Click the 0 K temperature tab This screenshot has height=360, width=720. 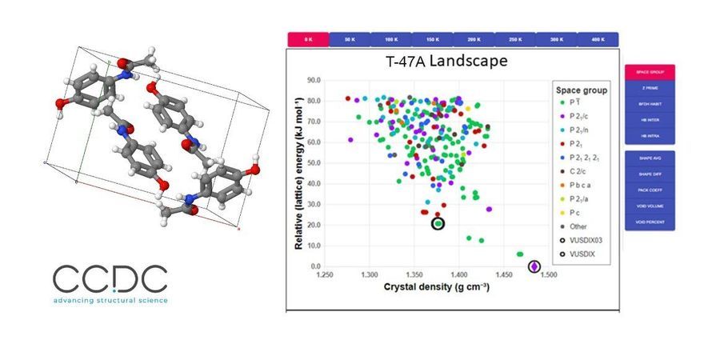coord(308,38)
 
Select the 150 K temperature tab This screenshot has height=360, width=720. coord(432,38)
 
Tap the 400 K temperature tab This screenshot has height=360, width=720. coord(598,38)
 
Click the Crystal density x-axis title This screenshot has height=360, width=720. coord(436,286)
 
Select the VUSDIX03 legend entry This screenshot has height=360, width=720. coord(582,240)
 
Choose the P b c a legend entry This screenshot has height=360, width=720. coord(580,186)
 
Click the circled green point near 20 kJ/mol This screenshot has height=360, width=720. coord(438,224)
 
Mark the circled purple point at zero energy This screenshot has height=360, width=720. coord(534,266)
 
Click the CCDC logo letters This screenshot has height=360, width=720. coord(110,280)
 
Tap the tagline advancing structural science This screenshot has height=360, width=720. coord(110,301)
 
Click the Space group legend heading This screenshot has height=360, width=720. coord(582,90)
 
